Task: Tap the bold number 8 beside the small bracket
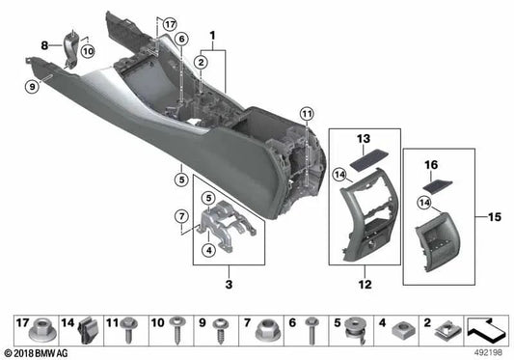(x=43, y=45)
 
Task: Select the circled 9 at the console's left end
(x=32, y=87)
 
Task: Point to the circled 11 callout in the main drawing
(x=307, y=116)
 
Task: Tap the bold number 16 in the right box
(x=432, y=165)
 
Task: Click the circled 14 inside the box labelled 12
(x=338, y=173)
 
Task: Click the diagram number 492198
(x=487, y=351)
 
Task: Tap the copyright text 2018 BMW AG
(x=39, y=352)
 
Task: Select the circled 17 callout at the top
(x=170, y=23)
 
